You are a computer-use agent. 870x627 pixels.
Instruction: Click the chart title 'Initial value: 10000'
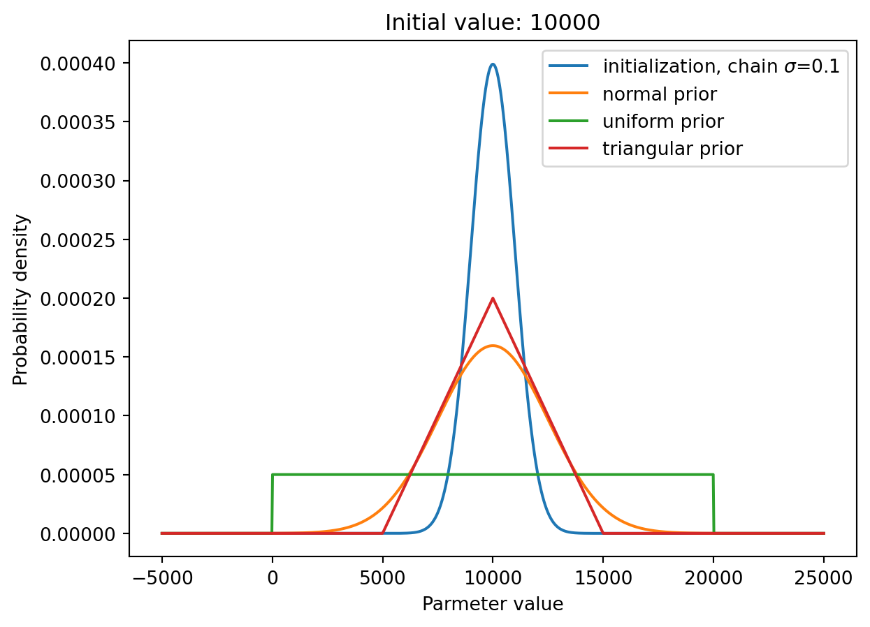pyautogui.click(x=493, y=22)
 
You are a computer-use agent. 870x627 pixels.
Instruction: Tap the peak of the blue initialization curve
pyautogui.click(x=493, y=64)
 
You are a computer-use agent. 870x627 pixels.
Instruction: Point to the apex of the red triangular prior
pyautogui.click(x=493, y=298)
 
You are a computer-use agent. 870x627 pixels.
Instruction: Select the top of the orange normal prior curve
pyautogui.click(x=493, y=346)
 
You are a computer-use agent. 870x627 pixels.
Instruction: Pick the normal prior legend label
pyautogui.click(x=660, y=94)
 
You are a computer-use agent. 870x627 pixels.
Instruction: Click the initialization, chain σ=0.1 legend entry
pyautogui.click(x=721, y=66)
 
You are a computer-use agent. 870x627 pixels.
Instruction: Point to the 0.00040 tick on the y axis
pyautogui.click(x=78, y=64)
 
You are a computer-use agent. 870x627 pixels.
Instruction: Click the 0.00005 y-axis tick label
pyautogui.click(x=78, y=475)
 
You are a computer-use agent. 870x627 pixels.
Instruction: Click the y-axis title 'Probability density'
pyautogui.click(x=20, y=300)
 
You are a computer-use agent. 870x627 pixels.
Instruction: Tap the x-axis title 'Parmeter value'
pyautogui.click(x=493, y=604)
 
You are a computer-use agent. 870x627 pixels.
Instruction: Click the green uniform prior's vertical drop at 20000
pyautogui.click(x=713, y=503)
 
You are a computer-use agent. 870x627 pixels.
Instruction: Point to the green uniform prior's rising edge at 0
pyautogui.click(x=272, y=503)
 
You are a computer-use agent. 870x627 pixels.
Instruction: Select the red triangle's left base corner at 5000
pyautogui.click(x=382, y=533)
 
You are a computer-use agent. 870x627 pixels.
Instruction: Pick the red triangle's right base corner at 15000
pyautogui.click(x=603, y=533)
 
